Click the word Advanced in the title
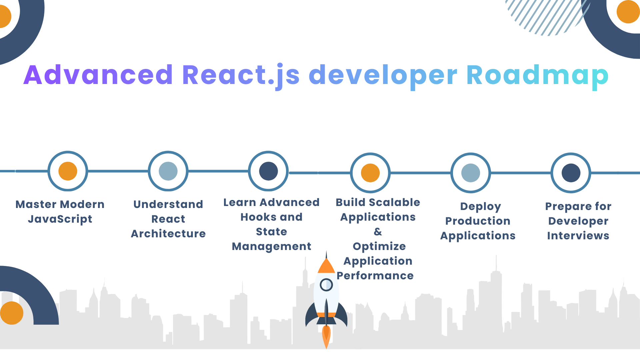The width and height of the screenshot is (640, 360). coord(98,75)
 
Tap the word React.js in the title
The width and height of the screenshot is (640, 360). coord(241,76)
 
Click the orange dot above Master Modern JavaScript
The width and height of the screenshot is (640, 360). coord(68,171)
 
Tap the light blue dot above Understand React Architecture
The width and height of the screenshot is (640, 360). coord(168,171)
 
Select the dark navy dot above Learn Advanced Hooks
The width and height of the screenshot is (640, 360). coord(268,171)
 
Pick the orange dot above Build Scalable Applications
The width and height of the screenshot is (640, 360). coord(370,173)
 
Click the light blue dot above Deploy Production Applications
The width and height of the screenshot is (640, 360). coord(471,173)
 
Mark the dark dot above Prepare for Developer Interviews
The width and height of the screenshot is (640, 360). coord(571,173)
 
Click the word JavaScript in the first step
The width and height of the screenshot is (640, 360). coord(60,219)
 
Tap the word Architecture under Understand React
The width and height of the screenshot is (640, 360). coord(168,234)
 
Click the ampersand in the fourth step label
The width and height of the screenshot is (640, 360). coord(378,232)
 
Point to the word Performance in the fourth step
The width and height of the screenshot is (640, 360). coord(375,276)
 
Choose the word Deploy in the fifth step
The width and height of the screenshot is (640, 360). coord(481,207)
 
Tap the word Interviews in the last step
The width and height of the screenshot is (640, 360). coord(578,236)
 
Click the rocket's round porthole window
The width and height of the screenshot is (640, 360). coord(326,285)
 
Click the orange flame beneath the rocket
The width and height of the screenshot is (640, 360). coord(326,336)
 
